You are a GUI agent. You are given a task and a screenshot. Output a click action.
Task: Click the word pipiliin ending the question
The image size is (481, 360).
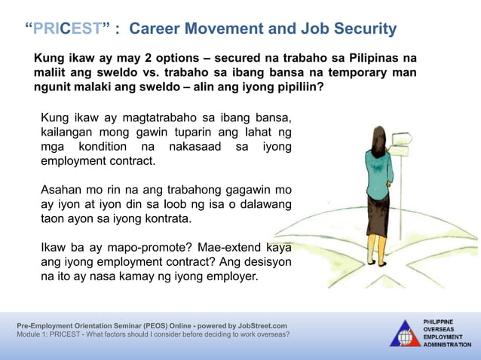pos(296,87)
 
